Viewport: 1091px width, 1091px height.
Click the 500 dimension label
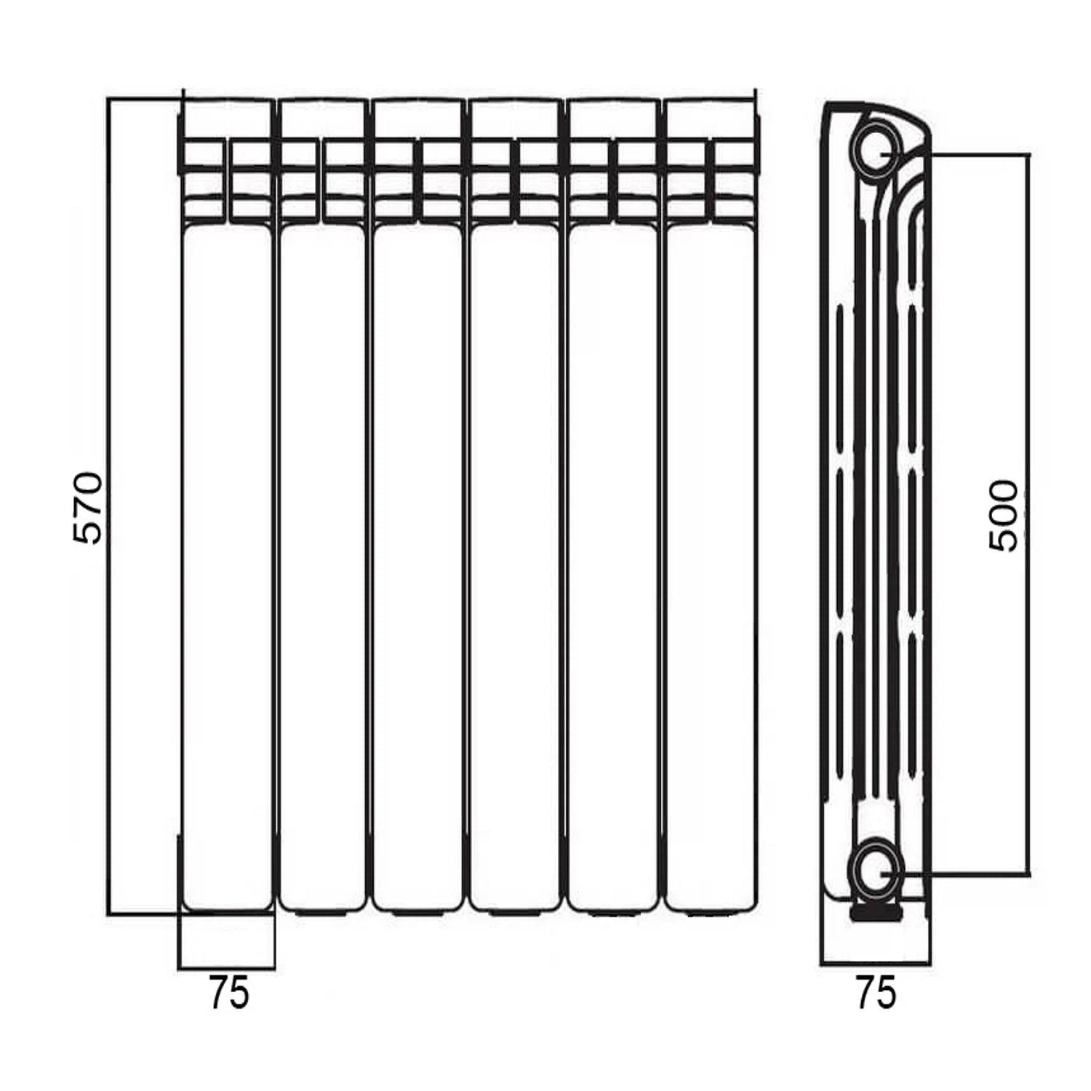tap(1004, 516)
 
